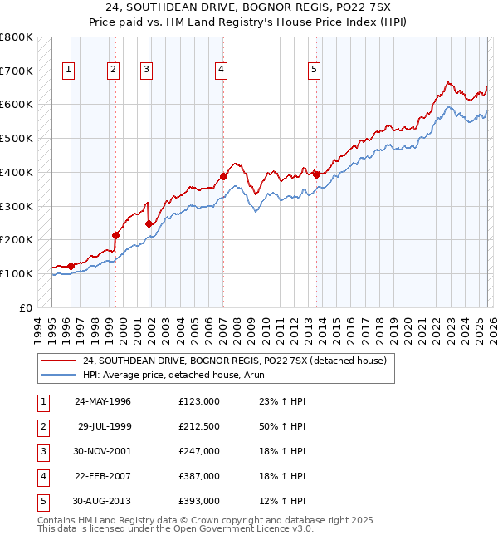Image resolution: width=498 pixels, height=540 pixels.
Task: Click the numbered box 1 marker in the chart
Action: (67, 71)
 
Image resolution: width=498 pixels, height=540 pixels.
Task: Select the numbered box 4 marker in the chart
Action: (222, 71)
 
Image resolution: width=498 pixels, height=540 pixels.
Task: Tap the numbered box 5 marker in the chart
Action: (315, 71)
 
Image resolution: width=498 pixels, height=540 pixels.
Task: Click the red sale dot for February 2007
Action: (224, 176)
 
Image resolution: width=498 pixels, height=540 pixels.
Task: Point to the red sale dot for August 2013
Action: (317, 174)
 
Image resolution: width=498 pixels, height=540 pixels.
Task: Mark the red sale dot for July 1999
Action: (116, 235)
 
